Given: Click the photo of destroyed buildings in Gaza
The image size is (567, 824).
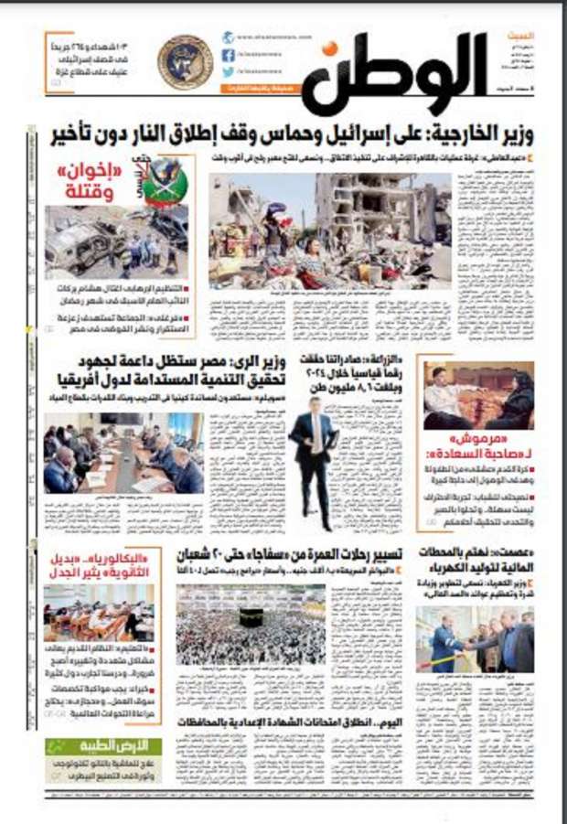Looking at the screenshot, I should tap(329, 228).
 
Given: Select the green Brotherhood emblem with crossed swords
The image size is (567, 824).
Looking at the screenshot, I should tap(165, 182).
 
